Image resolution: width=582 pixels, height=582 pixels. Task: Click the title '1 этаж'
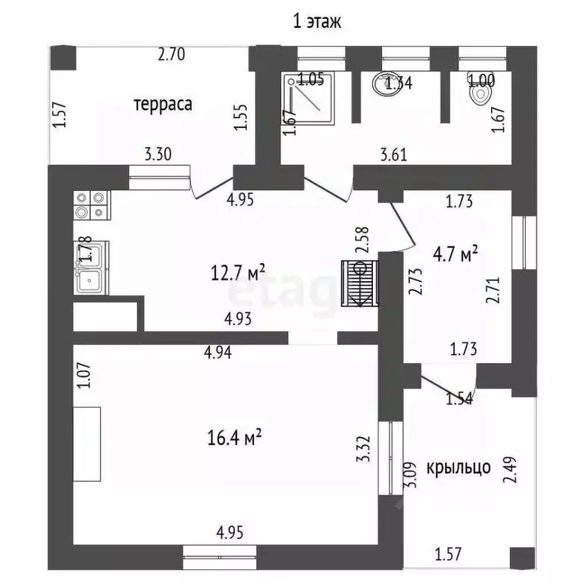click(x=318, y=21)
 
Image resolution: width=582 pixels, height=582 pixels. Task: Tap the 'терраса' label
click(x=163, y=104)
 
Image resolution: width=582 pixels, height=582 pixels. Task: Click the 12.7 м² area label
click(x=239, y=271)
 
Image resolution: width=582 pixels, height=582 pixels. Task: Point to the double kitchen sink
click(x=92, y=268)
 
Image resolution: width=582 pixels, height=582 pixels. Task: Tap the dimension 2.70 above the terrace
click(x=172, y=55)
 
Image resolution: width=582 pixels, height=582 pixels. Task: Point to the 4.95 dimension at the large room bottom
click(x=230, y=533)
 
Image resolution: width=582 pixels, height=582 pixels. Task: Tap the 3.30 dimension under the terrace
click(x=158, y=155)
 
